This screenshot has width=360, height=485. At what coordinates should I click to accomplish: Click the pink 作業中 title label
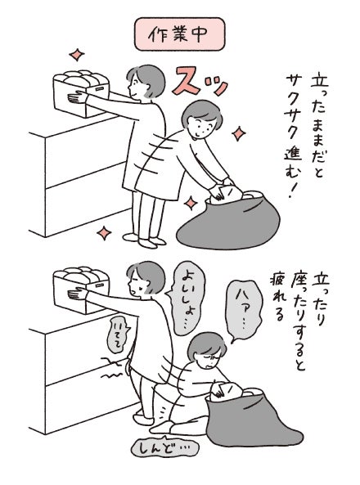tap(179, 34)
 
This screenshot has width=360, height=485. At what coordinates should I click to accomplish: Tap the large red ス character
tap(187, 80)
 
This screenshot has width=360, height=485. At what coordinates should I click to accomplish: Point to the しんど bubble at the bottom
tap(164, 446)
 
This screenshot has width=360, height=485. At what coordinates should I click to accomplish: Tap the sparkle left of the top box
tap(77, 56)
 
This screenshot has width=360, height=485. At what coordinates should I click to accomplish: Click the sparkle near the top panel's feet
tap(104, 233)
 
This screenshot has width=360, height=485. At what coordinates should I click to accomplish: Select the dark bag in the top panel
tap(229, 220)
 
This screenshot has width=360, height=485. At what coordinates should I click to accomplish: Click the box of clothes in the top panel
tap(82, 93)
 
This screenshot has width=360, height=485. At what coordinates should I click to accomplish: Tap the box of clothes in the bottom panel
tap(82, 290)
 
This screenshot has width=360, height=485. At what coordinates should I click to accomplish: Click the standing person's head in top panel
tap(145, 82)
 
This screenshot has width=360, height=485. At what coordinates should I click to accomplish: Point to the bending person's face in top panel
tap(202, 125)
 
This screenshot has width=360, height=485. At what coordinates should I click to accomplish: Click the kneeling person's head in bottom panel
tap(207, 350)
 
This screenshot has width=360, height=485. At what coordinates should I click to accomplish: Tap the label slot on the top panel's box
tap(99, 89)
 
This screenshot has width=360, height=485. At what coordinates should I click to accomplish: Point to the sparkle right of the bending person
tap(239, 133)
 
